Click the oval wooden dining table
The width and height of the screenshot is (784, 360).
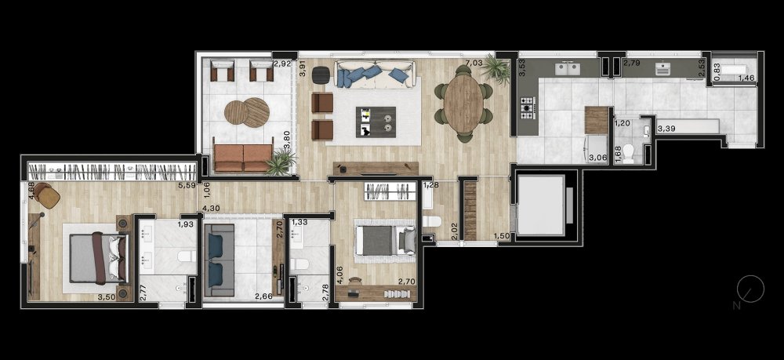tap(464, 104)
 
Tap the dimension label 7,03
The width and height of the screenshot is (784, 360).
tap(474, 63)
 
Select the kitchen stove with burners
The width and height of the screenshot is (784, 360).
tap(528, 108)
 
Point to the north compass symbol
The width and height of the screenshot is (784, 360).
tap(750, 289)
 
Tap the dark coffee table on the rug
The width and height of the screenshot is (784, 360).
tap(376, 122)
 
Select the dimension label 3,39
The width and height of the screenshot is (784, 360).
tap(666, 129)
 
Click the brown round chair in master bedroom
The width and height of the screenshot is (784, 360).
tap(47, 195)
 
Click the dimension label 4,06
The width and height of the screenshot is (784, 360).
tap(339, 275)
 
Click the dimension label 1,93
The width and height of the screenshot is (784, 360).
tap(185, 224)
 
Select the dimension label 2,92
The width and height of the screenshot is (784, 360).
tap(282, 64)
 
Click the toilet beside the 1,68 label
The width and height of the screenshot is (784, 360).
tap(629, 154)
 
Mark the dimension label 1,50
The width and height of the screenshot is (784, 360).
tap(502, 236)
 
